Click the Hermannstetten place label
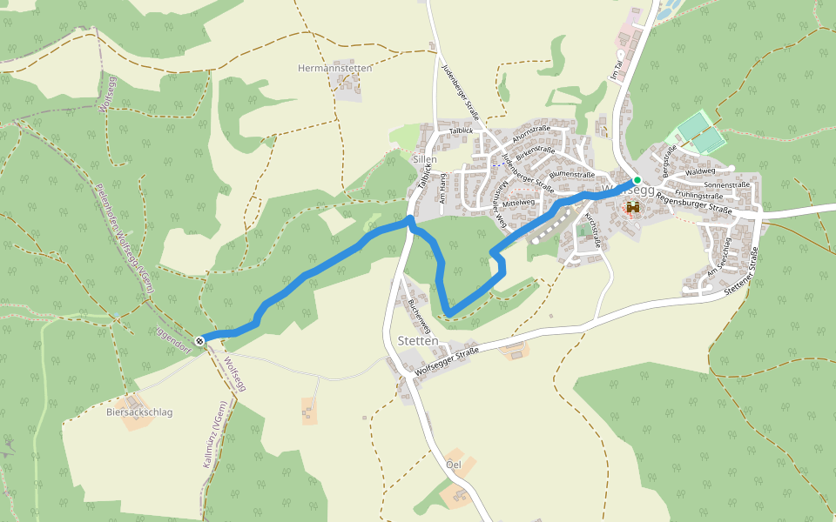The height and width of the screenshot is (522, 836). pos(335,68)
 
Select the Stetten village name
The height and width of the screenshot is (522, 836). pos(417,341)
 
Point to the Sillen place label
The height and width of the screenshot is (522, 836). pos(423,160)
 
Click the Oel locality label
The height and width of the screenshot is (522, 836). pos(453,464)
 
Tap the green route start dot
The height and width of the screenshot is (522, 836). pos(637,180)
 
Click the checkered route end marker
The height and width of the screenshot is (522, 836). pos(200,341)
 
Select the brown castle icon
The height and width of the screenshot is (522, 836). pos(633,208)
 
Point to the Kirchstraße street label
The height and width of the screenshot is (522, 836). pos(592,231)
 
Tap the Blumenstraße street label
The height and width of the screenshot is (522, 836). pos(572,174)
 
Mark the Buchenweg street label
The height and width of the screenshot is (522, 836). pos(419,317)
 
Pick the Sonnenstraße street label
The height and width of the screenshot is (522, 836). pos(726,185)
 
